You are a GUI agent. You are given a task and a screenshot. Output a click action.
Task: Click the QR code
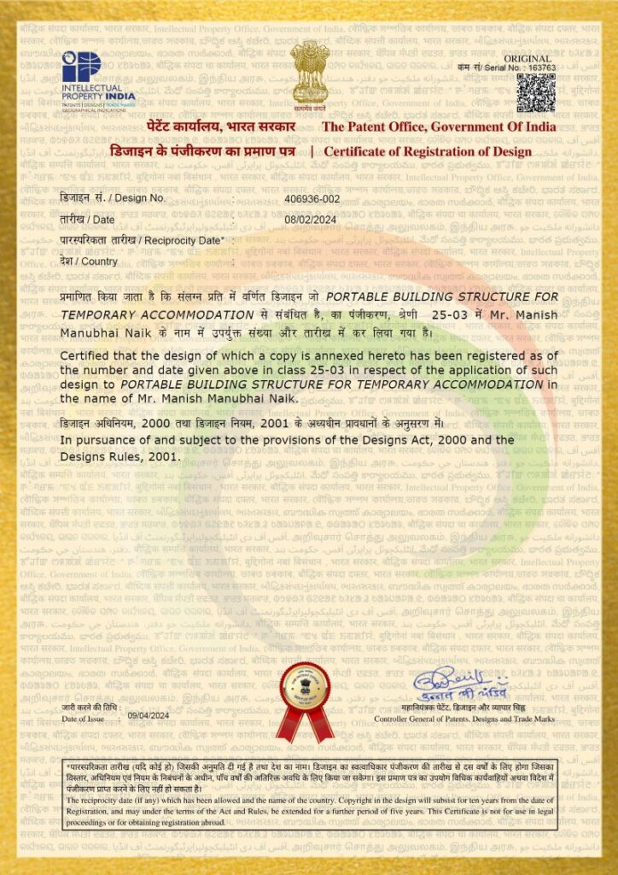(535, 92)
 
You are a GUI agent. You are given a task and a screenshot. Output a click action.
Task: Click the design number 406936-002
(312, 198)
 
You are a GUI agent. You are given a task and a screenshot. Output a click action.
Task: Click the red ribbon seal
(304, 700)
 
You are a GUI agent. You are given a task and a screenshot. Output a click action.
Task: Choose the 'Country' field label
(89, 261)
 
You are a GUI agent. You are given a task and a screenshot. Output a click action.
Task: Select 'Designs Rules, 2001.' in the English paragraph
(120, 456)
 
